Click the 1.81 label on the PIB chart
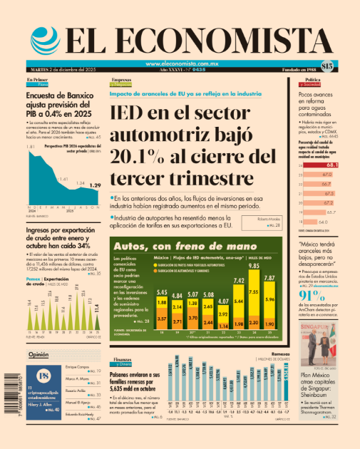click(x=31, y=147)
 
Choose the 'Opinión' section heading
click(x=38, y=354)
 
